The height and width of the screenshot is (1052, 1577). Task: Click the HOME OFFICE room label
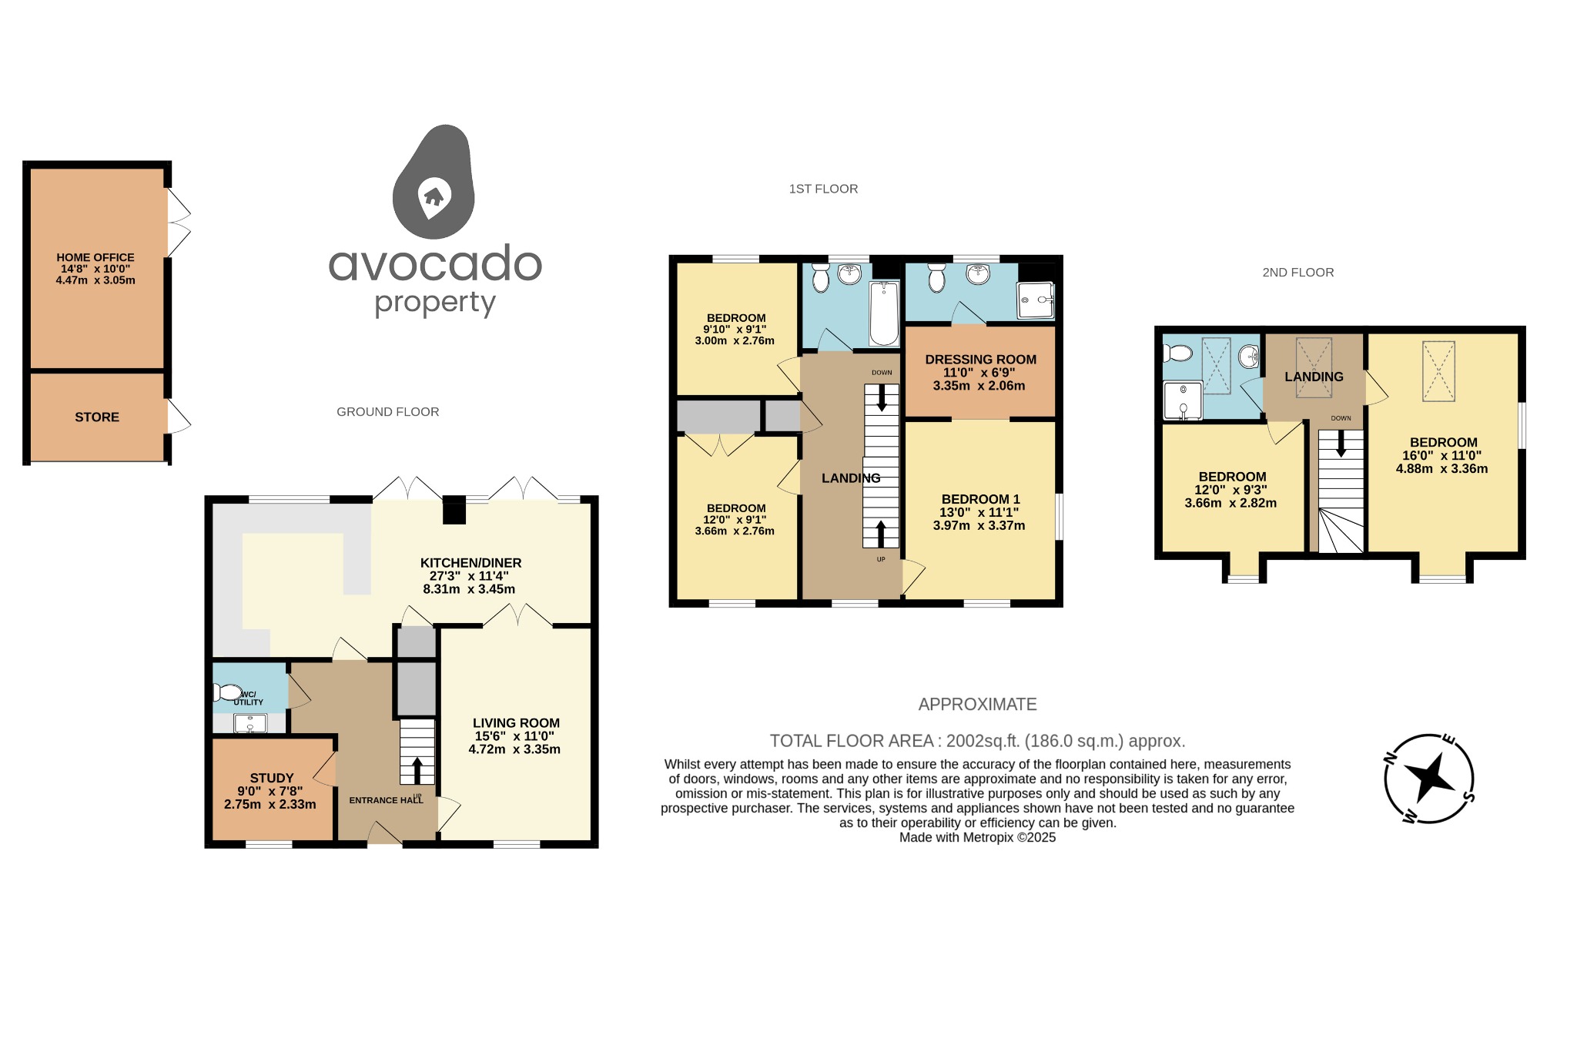(95, 258)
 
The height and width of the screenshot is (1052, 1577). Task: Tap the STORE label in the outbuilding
(97, 417)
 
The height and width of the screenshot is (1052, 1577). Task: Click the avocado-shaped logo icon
(434, 183)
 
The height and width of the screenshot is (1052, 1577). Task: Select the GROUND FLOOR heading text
(387, 412)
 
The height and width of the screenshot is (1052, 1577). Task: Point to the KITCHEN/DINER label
(470, 563)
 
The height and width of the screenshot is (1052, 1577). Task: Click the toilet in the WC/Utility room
(228, 693)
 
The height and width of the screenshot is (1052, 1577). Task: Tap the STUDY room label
(272, 778)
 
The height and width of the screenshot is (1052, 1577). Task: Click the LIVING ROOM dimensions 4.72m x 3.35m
(514, 749)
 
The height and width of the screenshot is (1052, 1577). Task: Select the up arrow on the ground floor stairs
(417, 769)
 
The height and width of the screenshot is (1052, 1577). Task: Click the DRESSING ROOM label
(980, 360)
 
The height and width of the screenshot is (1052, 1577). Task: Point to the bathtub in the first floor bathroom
(884, 313)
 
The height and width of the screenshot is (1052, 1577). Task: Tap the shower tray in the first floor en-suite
(1035, 300)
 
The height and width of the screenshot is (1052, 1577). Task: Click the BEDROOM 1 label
(980, 499)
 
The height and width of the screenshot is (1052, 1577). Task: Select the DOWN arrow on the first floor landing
(882, 397)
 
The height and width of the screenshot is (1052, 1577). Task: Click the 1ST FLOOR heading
(823, 189)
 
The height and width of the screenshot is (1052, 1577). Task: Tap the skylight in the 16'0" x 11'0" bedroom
(1438, 371)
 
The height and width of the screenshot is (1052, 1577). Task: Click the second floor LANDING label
(1314, 377)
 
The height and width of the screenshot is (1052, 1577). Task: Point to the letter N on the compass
(1391, 758)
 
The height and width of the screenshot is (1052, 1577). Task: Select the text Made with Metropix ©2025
(977, 838)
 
